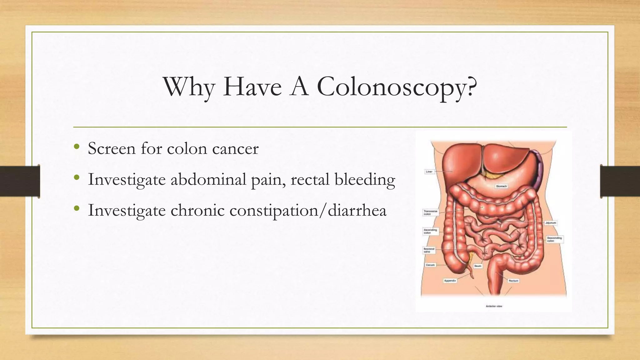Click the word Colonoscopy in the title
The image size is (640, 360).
pos(397,87)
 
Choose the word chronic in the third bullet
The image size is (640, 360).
pos(197,210)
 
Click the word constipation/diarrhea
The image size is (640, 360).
pos(308,210)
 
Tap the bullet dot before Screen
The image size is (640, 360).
pos(77,147)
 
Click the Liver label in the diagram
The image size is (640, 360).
pos(429,172)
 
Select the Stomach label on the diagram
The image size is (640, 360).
pos(501,186)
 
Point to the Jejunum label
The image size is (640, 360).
pos(551,223)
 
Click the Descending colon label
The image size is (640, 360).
pos(554,239)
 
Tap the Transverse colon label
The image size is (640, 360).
pos(430,212)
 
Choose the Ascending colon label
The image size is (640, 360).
pos(430,231)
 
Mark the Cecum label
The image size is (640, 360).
pos(430,265)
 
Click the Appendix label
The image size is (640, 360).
pos(450,281)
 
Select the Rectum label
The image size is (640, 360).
pos(513,281)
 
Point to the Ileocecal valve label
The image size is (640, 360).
pos(429,250)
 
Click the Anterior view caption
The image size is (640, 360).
pos(494,306)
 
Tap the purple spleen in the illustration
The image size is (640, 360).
pos(538,169)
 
